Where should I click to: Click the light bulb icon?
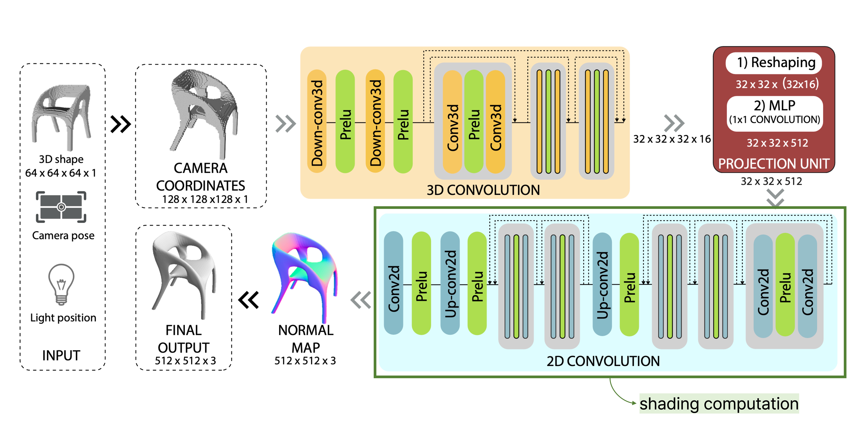pos(61,284)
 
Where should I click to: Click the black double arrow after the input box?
pos(120,124)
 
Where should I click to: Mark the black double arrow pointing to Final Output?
pos(249,300)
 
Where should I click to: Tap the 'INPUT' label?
pos(61,355)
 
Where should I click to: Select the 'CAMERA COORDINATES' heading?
pos(201,177)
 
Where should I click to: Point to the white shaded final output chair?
pos(183,274)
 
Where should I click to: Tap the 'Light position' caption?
pos(63,317)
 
